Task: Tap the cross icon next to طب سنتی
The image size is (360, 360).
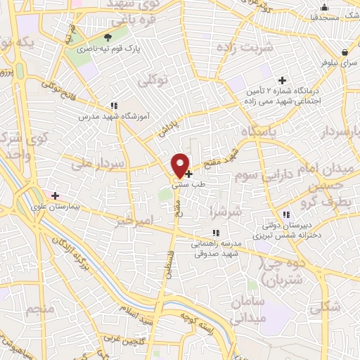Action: click(x=188, y=173)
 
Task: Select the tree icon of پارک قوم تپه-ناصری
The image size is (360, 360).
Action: click(x=108, y=38)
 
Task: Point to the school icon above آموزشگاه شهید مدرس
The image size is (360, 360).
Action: click(x=115, y=105)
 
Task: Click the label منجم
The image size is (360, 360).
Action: click(x=39, y=309)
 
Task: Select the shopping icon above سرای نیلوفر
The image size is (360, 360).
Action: click(x=344, y=52)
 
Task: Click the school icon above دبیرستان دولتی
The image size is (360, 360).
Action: click(x=285, y=214)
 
